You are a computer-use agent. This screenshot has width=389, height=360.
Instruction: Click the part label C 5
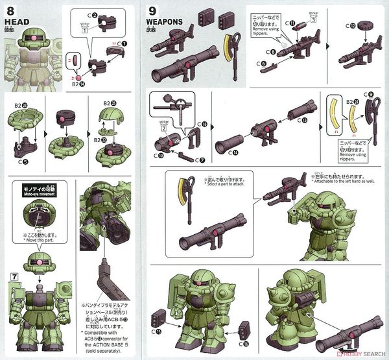click(x=23, y=152)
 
